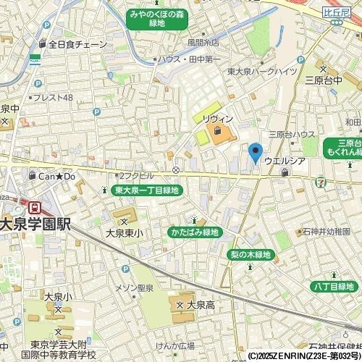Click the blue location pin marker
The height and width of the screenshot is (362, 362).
pos(255,153)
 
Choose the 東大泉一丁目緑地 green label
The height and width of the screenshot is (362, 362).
pos(148,190)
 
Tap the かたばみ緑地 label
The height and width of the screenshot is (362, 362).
pos(194,232)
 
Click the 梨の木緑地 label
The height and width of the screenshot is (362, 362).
pos(250,255)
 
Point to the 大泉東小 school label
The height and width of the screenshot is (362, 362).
pos(125,233)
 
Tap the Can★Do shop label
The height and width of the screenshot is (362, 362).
pos(57,176)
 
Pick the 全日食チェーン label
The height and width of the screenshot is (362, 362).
pos(77,44)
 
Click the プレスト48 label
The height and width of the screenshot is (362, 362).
pos(53,98)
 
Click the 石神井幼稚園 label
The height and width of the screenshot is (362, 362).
pos(322,232)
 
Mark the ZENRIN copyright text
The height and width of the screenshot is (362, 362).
pos(304,356)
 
